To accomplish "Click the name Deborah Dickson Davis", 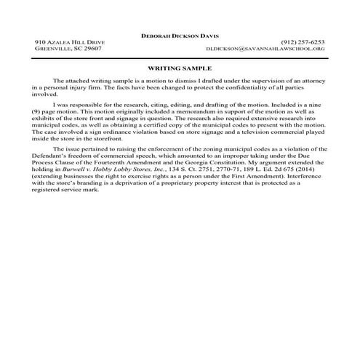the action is tap(180, 35).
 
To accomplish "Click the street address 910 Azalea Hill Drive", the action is tap(70, 42).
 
